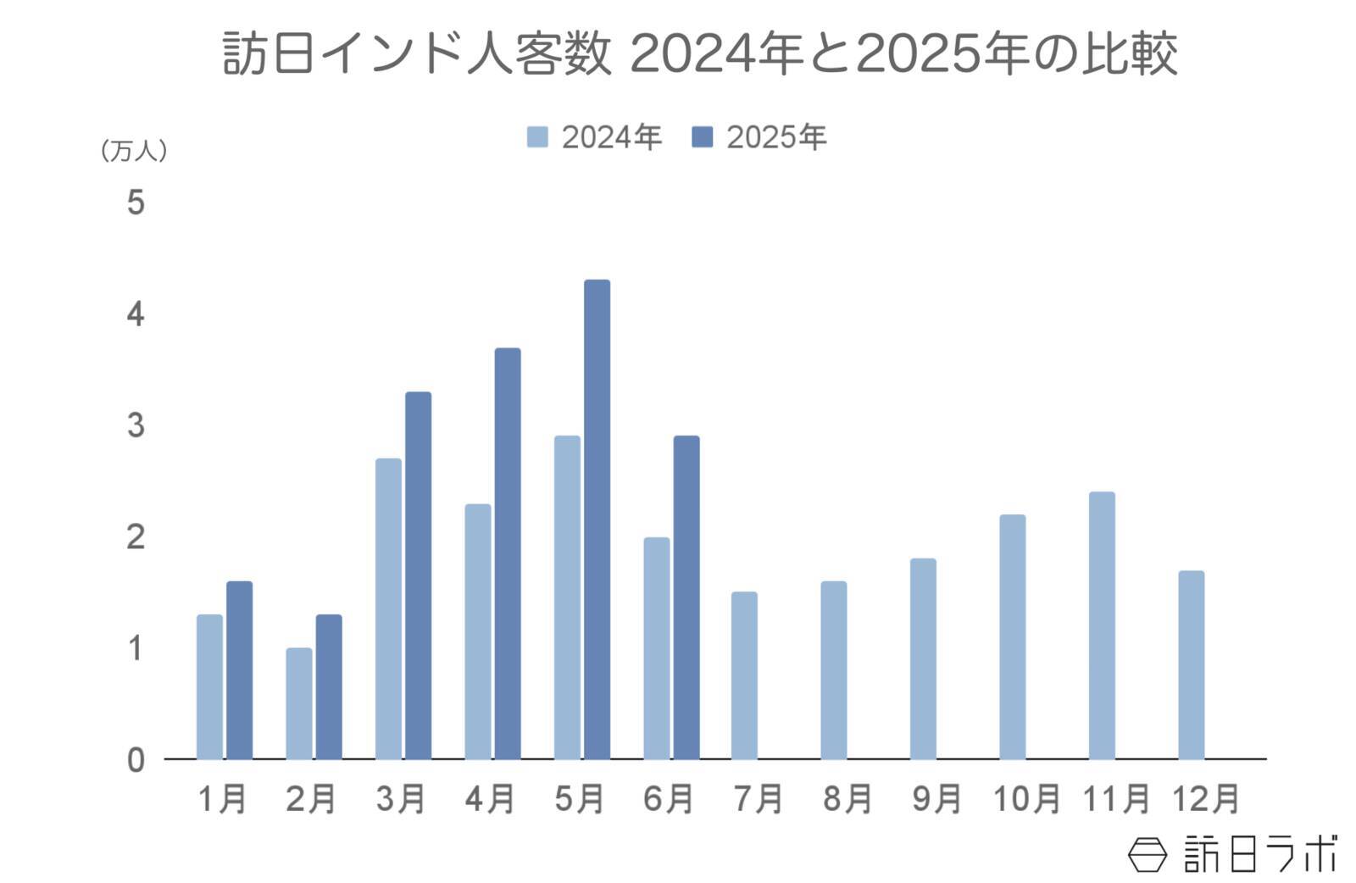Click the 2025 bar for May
(597, 519)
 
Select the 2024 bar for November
(1102, 625)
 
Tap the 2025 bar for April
(508, 553)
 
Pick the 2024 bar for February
(298, 703)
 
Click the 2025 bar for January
(239, 670)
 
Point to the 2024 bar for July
(744, 675)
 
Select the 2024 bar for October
(1012, 636)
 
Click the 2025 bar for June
(686, 597)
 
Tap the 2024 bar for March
(388, 608)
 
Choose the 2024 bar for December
(1191, 665)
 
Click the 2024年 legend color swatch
(537, 137)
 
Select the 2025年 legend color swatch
(703, 137)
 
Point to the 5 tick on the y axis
(136, 203)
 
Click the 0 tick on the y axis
(136, 760)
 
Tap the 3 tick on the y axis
(136, 425)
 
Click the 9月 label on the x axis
(936, 798)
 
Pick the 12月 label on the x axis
(1205, 798)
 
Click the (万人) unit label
(134, 152)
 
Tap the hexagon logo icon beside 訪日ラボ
(1147, 853)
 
